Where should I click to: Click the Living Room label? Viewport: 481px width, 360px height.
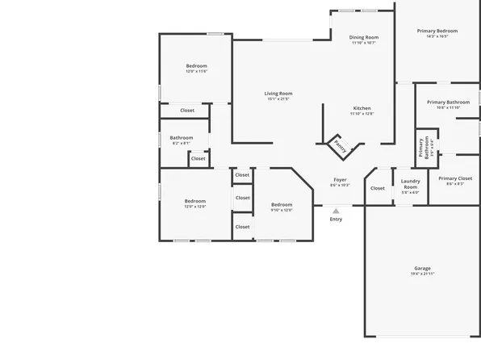pos(278,94)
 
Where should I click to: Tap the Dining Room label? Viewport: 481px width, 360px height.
pos(363,37)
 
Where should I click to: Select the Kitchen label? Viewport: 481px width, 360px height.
pos(362,108)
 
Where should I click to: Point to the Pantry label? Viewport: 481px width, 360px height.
pos(341,147)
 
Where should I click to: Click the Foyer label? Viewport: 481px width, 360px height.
pos(340,179)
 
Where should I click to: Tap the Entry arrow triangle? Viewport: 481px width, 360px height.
pos(336,211)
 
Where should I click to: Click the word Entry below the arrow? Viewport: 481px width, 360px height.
pos(336,220)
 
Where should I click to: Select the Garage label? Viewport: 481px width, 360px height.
pos(422,268)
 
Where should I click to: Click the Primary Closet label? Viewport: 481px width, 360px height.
pos(455,178)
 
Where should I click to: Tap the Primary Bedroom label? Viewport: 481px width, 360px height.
pos(437,31)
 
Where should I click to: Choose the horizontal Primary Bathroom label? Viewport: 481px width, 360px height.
pos(448,103)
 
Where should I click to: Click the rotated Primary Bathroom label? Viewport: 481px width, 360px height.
pos(421,148)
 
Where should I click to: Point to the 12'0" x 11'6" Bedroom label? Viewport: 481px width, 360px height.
pos(196,66)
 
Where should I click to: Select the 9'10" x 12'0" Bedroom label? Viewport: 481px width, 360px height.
pos(281,204)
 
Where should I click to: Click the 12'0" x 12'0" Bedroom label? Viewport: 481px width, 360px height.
pos(195,201)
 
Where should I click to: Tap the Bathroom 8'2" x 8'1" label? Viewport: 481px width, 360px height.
pos(181,138)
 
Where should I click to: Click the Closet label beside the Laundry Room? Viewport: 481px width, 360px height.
pos(378,189)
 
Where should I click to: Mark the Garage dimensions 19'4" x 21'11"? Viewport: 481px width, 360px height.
pos(422,274)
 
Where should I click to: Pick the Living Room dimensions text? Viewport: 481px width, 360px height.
pos(278,99)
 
